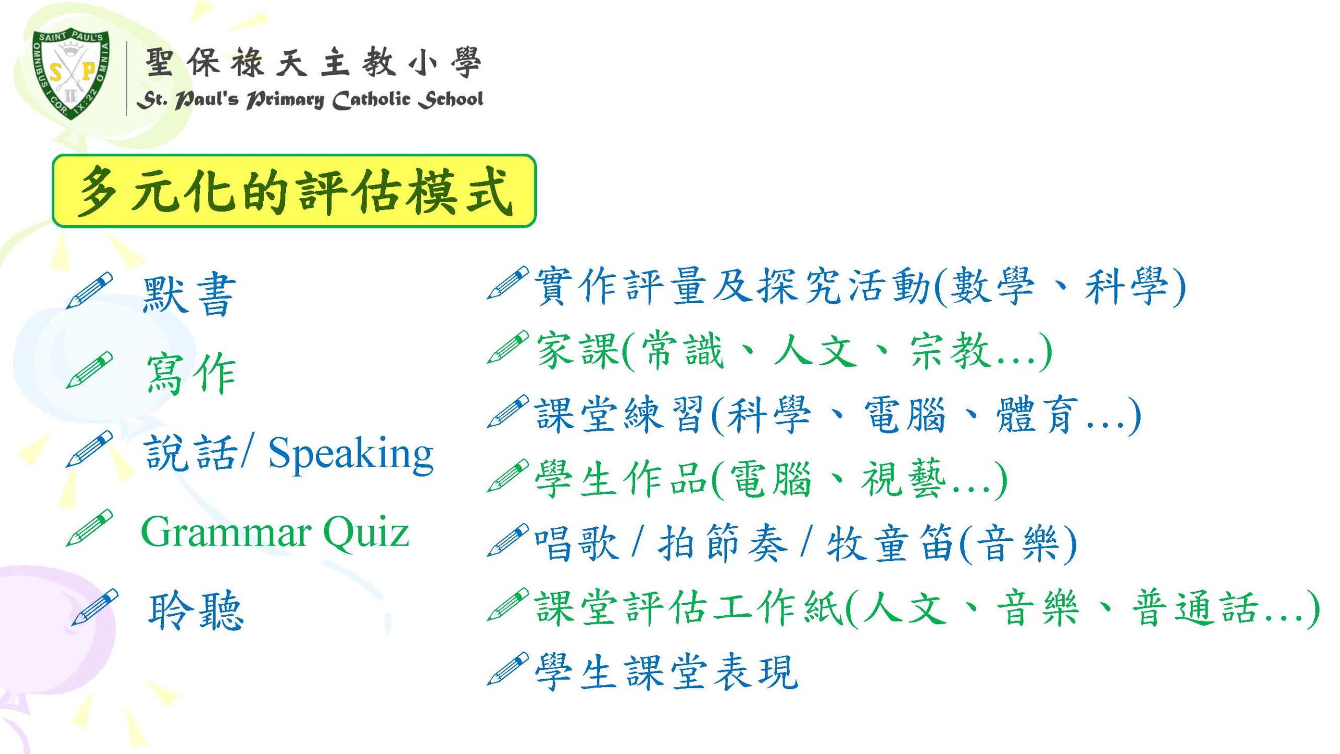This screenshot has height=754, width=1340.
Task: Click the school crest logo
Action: [72, 75]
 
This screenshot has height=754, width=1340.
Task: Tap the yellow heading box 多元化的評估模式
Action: [294, 191]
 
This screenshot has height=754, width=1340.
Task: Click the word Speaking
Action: [351, 453]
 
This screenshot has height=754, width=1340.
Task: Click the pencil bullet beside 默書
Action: [90, 290]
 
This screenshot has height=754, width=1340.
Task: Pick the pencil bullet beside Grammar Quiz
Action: [90, 528]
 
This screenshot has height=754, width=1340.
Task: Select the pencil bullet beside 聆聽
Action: [95, 607]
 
